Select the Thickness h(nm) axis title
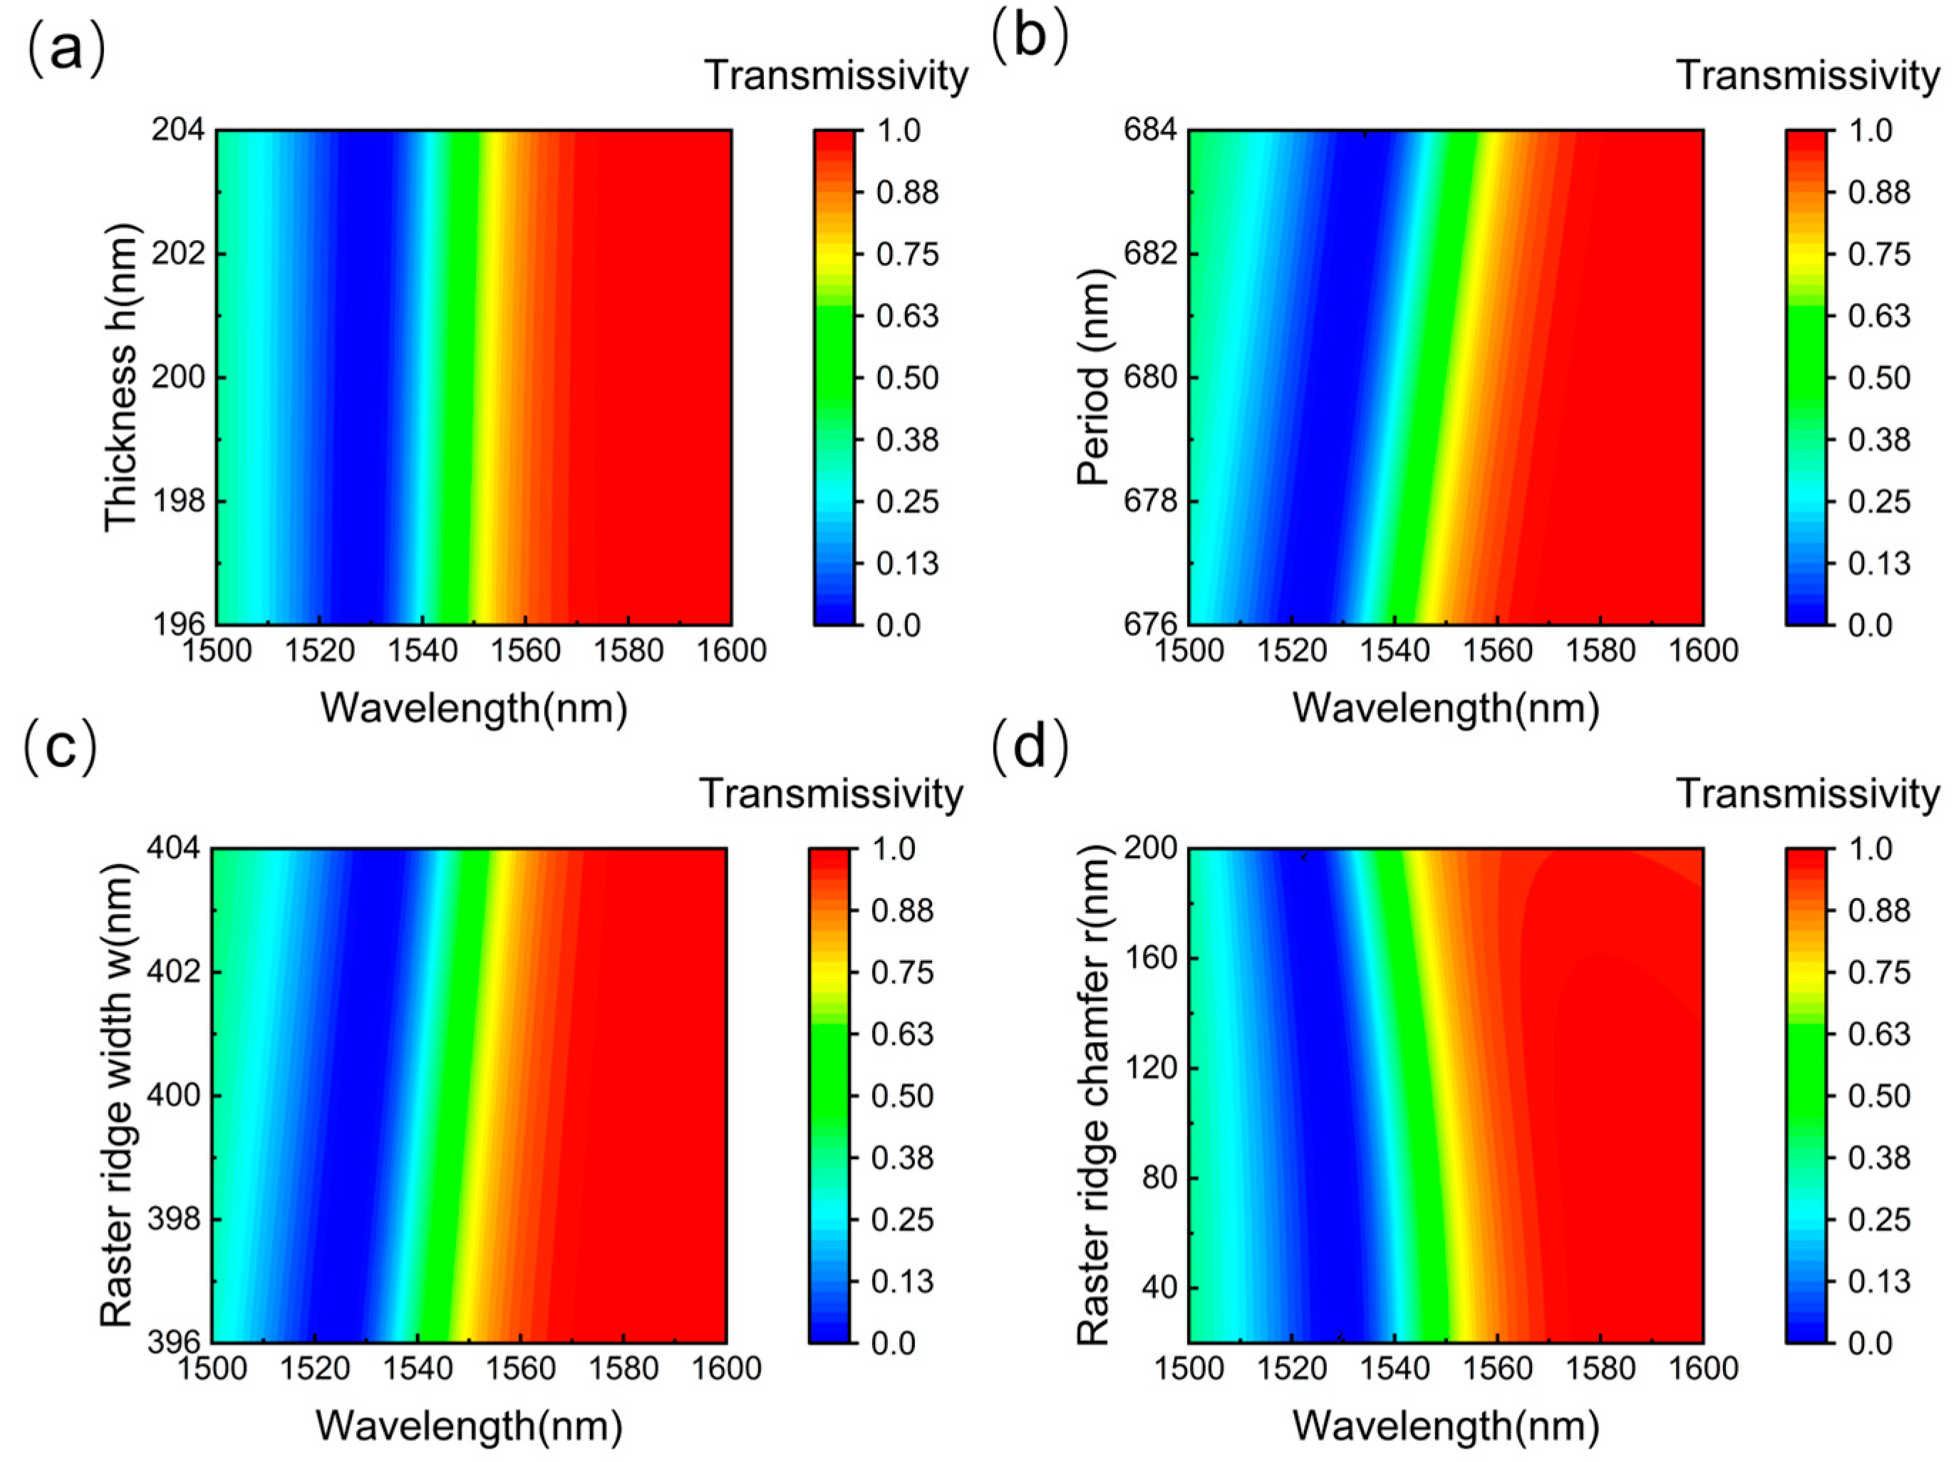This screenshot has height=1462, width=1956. point(121,378)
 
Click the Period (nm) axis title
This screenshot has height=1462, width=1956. point(1094,378)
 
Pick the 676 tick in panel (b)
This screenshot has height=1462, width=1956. point(1150,624)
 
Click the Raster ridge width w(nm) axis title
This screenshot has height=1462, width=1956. point(116,1095)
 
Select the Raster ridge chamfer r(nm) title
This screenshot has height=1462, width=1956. point(1094,1095)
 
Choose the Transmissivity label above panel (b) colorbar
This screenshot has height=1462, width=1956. point(1808,76)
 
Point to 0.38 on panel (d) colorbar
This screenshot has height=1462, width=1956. point(1879,1158)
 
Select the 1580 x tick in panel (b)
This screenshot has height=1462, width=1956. point(1600,652)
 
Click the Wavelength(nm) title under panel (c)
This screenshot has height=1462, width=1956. point(469,1426)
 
